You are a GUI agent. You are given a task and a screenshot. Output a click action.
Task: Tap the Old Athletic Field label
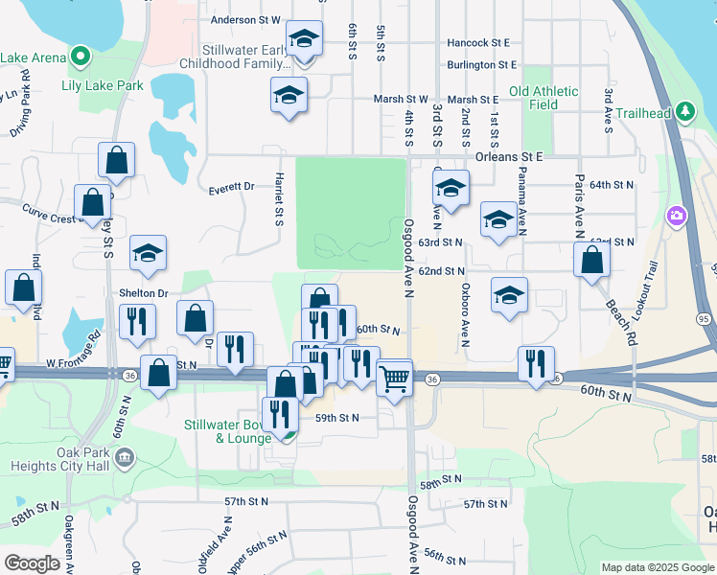tap(544, 98)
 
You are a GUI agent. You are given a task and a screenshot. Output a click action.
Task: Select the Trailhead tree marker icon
tap(684, 112)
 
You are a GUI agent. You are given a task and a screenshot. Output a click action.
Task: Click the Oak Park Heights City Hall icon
tap(123, 459)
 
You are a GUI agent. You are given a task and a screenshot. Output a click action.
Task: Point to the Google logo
tap(32, 563)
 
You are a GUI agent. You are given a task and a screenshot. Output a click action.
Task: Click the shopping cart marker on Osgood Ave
tap(394, 378)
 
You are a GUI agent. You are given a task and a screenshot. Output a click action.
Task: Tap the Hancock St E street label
tap(477, 42)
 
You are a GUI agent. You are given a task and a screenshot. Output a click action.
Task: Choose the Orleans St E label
tap(509, 155)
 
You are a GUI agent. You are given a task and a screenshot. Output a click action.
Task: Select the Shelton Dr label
tap(143, 293)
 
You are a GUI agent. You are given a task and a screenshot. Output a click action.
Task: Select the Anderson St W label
tap(244, 19)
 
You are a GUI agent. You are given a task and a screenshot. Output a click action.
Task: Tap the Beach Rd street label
tap(621, 322)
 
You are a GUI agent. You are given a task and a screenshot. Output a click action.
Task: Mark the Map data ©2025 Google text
tap(658, 567)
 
